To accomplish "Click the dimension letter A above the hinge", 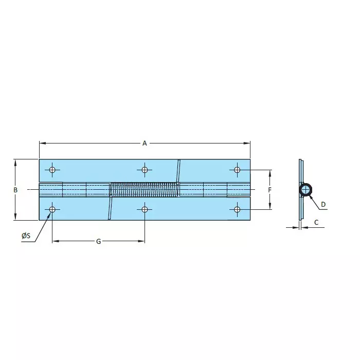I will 145,143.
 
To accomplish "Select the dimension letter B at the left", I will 15,190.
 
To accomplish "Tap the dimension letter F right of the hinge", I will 270,190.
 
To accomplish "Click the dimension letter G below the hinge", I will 98,241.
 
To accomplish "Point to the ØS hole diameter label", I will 26,236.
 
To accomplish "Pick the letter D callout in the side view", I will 323,205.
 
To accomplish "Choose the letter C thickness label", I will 316,222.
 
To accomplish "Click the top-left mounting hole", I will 52,170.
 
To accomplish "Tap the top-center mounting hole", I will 145,170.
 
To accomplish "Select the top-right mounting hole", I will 237,170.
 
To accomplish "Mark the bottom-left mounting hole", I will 52,209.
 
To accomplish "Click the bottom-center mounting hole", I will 145,209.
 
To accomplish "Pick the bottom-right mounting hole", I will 237,209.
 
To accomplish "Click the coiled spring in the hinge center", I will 144,190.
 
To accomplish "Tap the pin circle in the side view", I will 305,190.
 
